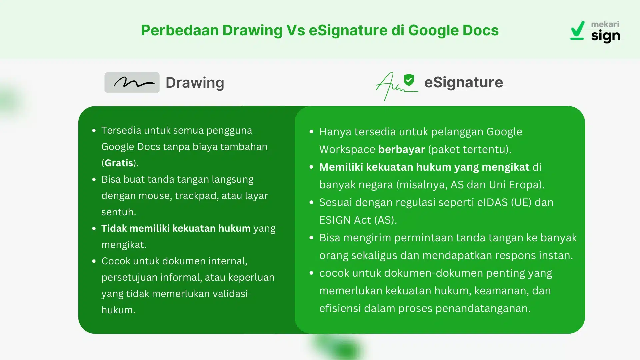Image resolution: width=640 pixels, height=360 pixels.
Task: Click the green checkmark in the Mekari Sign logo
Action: coord(578,30)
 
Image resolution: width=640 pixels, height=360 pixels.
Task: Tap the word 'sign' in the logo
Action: coord(605,36)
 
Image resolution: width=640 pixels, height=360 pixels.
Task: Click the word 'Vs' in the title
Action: coord(295,30)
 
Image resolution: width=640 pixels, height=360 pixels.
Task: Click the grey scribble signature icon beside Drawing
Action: coord(132,83)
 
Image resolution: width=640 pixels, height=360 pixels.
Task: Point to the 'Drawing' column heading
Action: coord(195,83)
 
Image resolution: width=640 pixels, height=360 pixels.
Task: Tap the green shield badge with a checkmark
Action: coord(409,80)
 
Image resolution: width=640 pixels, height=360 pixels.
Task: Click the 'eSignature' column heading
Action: coord(463,82)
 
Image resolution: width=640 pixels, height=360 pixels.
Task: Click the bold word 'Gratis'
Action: coord(119,163)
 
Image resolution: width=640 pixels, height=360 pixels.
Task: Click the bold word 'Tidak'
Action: coord(114,228)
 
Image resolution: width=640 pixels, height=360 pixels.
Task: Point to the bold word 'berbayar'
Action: coord(401,149)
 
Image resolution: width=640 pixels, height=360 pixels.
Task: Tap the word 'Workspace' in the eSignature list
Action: coord(347,149)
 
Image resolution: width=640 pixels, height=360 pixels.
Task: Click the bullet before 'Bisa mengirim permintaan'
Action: coord(311,238)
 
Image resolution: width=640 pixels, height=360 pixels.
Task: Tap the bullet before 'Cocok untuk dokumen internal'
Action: coord(94,261)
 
